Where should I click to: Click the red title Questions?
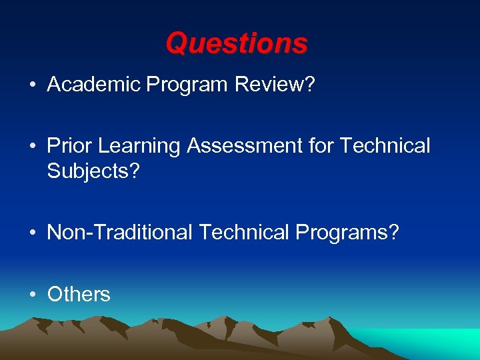pos(237,44)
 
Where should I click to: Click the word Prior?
pos(71,146)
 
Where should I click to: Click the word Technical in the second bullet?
pos(385,146)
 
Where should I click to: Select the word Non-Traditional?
pos(119,233)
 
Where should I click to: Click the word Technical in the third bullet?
pos(243,233)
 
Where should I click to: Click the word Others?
pos(79,294)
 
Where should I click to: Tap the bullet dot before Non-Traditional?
pos(31,233)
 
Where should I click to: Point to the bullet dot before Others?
pos(31,295)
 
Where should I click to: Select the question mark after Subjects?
pos(135,171)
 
